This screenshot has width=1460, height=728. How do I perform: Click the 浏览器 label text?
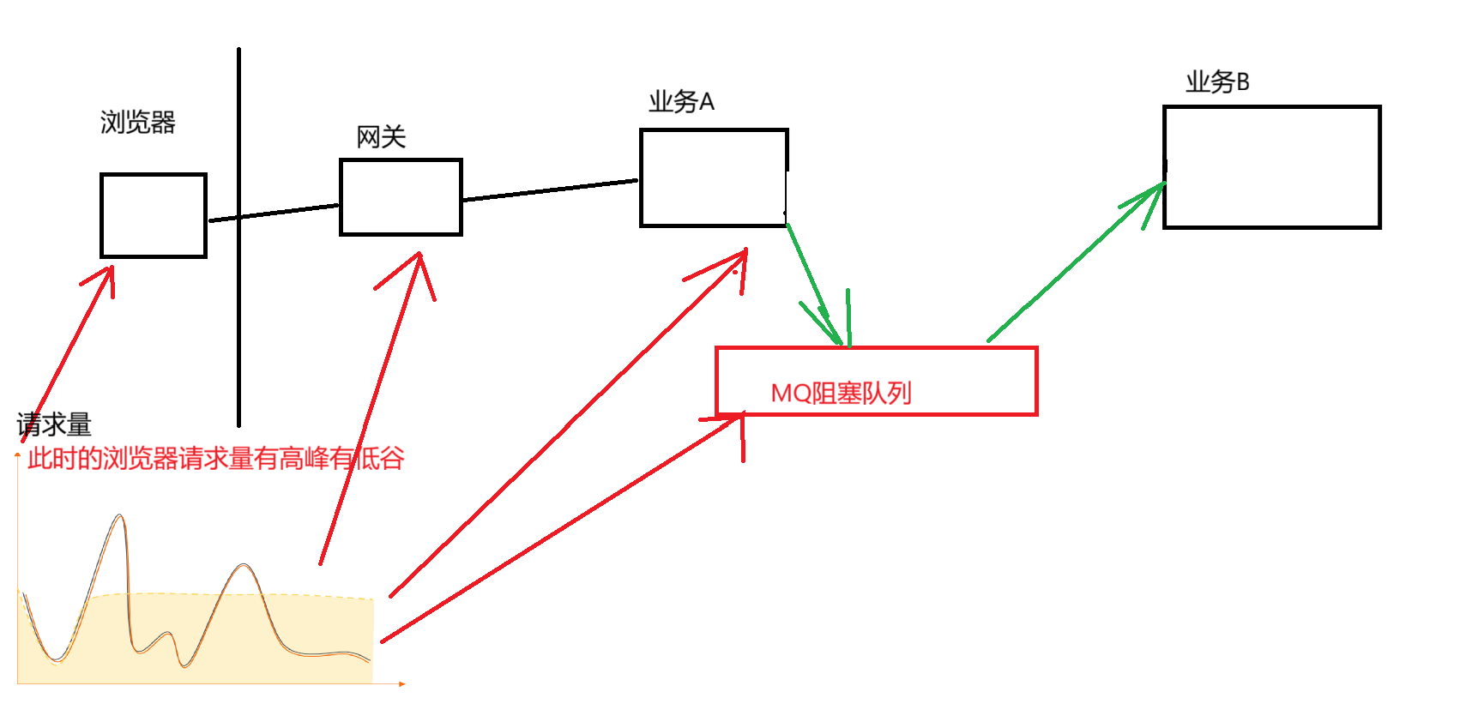point(137,123)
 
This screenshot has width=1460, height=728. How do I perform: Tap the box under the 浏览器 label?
point(154,215)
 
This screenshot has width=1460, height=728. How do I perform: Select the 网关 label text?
point(381,137)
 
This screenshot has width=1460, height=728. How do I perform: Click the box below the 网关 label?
point(401,197)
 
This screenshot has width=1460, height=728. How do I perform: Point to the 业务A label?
point(681,102)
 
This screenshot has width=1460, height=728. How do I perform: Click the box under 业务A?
point(714,177)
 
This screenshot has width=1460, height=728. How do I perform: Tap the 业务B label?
point(1217,82)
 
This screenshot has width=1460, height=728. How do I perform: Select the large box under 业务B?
point(1271,167)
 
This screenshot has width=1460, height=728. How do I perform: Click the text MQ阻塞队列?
point(841,394)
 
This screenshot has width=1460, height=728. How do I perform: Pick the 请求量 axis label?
point(54,424)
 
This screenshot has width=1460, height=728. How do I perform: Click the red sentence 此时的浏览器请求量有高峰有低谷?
point(215,459)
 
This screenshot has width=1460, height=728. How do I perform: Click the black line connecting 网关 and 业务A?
point(551,190)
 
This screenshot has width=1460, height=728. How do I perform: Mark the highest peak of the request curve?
point(120,516)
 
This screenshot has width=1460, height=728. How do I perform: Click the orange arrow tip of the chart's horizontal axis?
point(401,683)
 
